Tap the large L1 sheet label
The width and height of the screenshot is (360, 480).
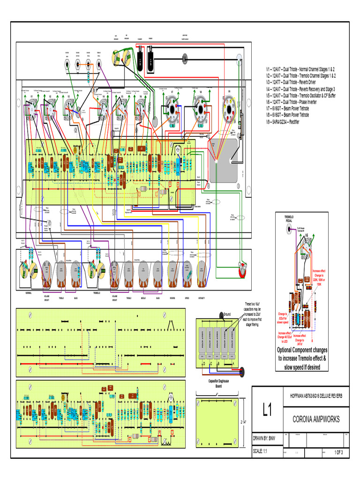coord(267,411)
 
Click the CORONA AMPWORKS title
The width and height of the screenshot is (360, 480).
coord(316,419)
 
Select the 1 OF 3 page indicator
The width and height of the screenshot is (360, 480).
coord(338,452)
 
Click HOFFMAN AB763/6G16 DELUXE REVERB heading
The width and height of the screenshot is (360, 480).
coord(316,396)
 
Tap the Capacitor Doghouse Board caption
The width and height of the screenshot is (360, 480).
coord(218,383)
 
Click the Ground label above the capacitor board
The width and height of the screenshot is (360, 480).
coord(227,314)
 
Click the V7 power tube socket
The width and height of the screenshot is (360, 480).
coord(172,108)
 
